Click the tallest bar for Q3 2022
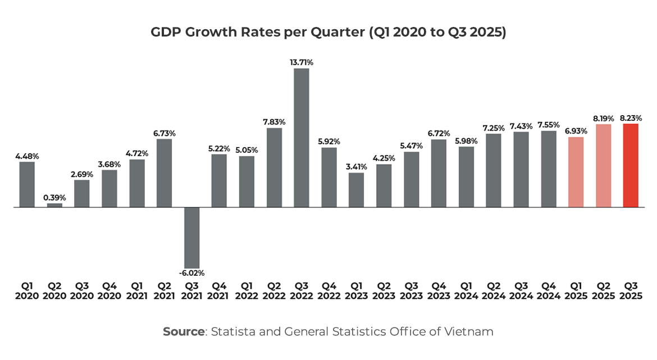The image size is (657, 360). pos(302,138)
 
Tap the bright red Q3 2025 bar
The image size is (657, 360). pos(631,165)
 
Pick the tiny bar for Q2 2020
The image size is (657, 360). pos(54,205)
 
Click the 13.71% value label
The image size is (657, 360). pos(302,62)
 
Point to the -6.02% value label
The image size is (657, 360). pos(192,273)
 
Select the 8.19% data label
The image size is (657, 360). pos(603,119)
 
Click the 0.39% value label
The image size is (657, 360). pos(54,198)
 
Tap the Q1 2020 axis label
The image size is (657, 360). pos(27,291)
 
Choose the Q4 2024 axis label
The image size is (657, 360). pos(549,291)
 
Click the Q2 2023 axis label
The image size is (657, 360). pos(384,291)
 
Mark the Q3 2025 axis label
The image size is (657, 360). pos(631,291)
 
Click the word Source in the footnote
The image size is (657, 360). pos(184,331)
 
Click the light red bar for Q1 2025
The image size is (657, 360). pos(576,172)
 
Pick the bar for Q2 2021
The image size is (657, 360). pos(165,173)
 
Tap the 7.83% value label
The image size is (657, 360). pos(274,122)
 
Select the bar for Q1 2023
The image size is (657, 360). pos(357,190)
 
